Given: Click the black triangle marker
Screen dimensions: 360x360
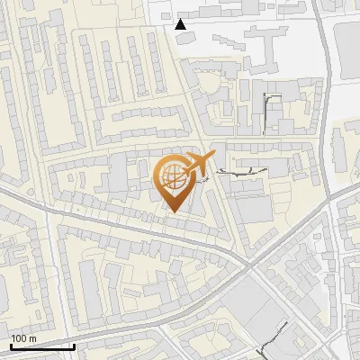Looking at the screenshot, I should pos(182,24).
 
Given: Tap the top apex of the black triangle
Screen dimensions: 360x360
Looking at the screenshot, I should pos(182,19).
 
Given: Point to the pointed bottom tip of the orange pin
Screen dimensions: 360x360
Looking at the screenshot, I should pos(173,213).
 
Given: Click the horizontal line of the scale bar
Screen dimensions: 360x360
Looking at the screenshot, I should pos(41,346).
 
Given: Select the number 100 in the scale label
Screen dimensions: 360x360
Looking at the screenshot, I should pos(21,338).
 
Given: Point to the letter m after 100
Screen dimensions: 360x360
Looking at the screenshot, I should pos(33,338).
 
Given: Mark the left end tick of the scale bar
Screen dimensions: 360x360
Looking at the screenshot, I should pos(10,345).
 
